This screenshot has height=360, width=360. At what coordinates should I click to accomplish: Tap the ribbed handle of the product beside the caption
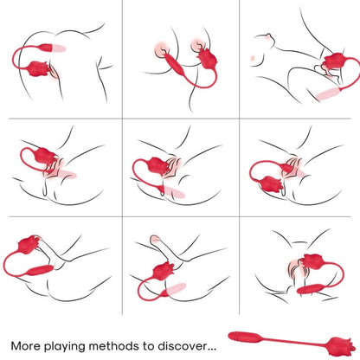[x=247, y=333]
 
